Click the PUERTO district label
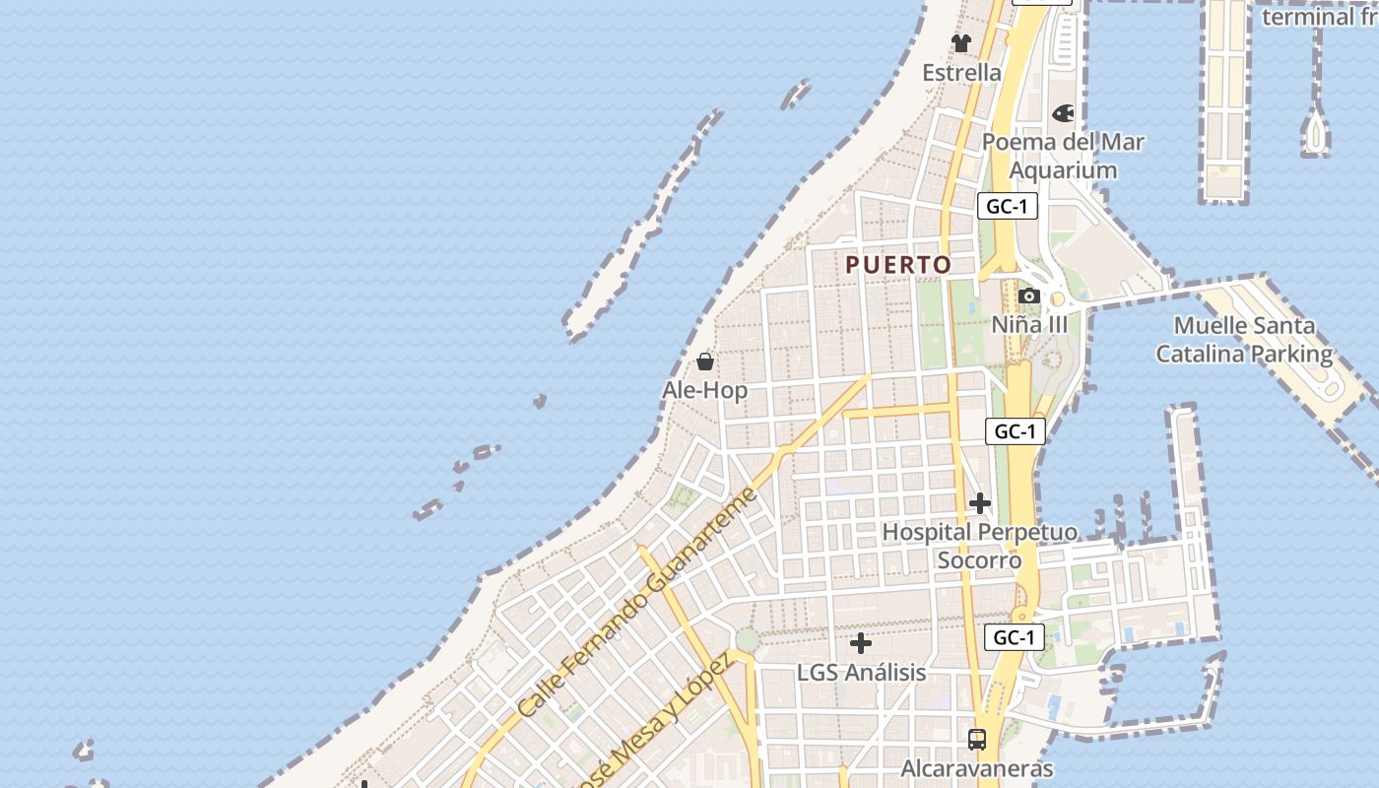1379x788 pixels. click(x=898, y=264)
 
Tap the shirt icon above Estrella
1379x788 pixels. click(x=961, y=43)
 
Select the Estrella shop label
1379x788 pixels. click(x=961, y=73)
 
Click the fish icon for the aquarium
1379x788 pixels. click(x=1063, y=113)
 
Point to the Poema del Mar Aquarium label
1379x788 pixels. click(x=1063, y=156)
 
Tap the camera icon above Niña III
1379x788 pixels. click(x=1029, y=295)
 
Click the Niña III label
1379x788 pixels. click(x=1029, y=324)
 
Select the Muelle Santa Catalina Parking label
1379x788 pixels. click(x=1244, y=339)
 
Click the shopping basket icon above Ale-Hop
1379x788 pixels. click(x=705, y=361)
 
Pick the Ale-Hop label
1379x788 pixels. click(x=704, y=390)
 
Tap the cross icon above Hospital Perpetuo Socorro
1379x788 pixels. click(x=979, y=503)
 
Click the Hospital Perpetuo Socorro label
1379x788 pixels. click(x=979, y=546)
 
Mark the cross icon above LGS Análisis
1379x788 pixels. click(x=861, y=643)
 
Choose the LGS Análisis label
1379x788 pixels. click(x=861, y=672)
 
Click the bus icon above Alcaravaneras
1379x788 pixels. click(x=977, y=739)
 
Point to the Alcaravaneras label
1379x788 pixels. click(x=977, y=768)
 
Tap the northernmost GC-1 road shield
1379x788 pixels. click(x=1008, y=206)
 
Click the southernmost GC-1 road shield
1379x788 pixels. click(x=1014, y=637)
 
